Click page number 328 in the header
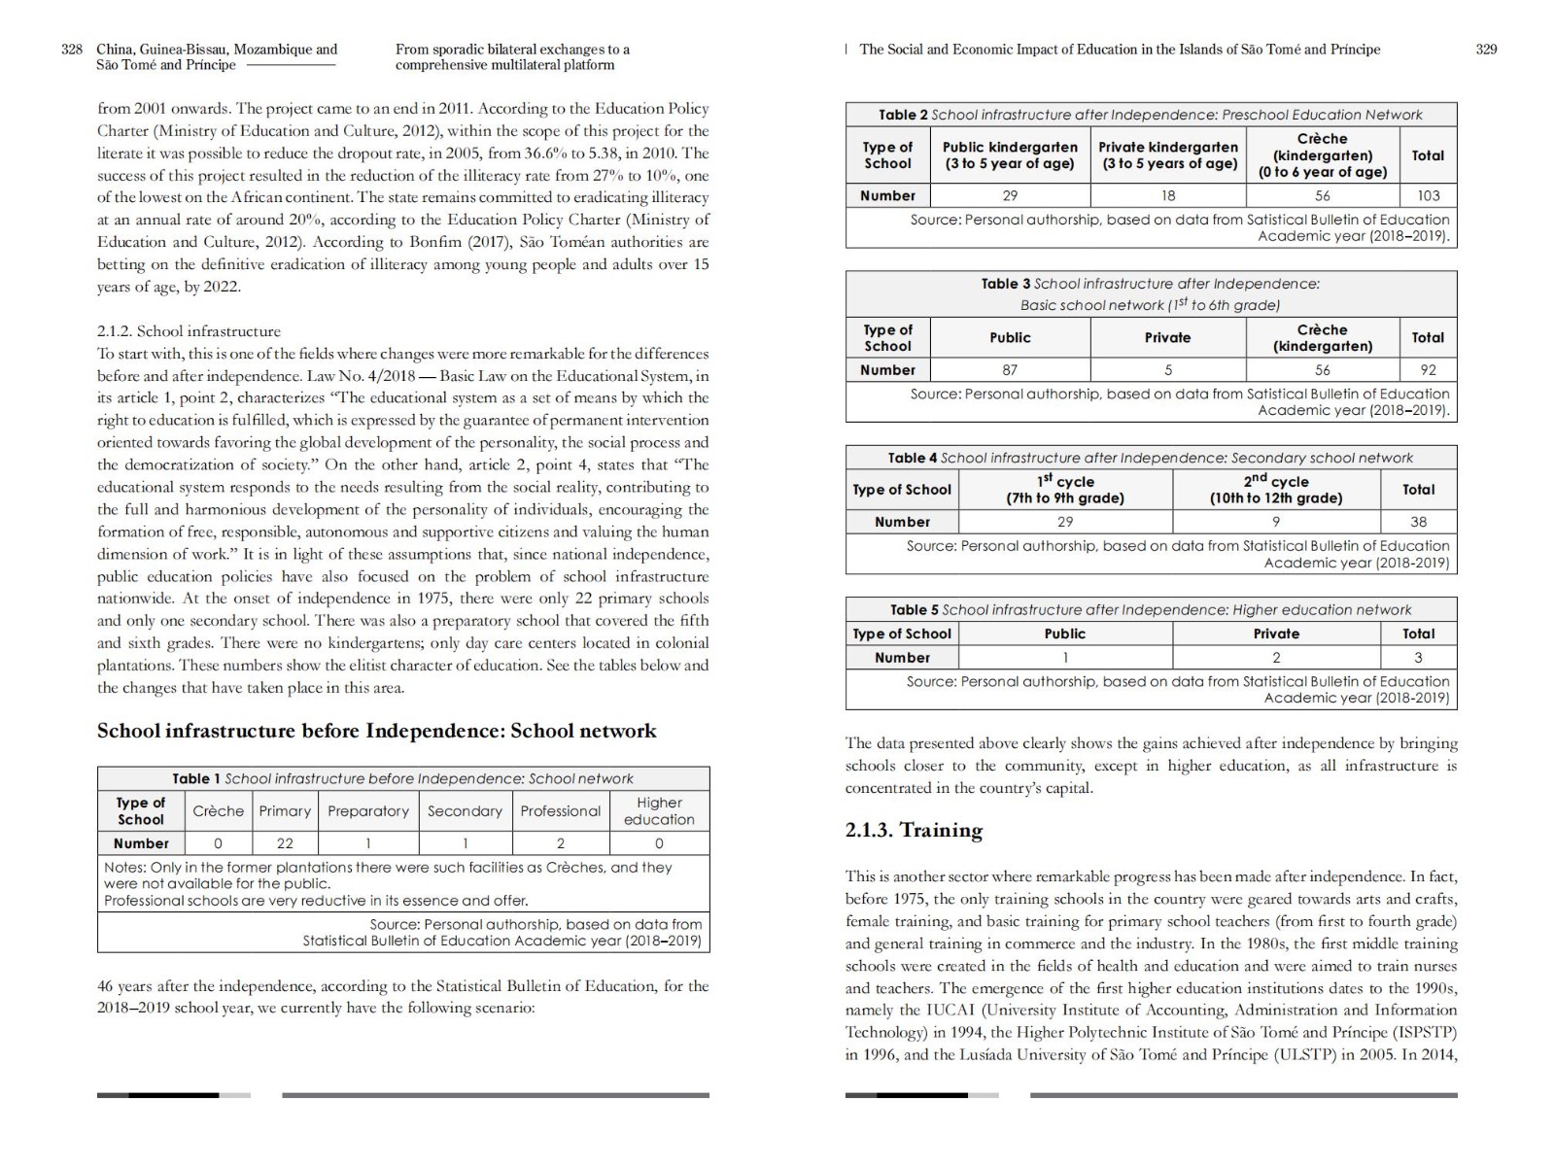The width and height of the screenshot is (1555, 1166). click(x=72, y=50)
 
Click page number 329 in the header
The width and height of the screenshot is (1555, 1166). click(x=1486, y=50)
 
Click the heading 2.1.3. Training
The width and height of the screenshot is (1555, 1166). click(x=914, y=830)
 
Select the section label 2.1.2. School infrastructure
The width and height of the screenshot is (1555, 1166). click(x=189, y=331)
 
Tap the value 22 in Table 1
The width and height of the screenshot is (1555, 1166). click(x=285, y=843)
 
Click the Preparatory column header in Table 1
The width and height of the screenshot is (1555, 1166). click(x=368, y=811)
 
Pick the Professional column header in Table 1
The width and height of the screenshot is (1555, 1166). click(x=561, y=811)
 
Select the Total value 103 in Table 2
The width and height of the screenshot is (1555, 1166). click(x=1428, y=195)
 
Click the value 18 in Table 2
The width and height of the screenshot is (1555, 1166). click(x=1168, y=195)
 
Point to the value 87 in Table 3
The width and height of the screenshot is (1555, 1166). click(x=1010, y=370)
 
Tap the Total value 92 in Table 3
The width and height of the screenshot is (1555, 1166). click(x=1428, y=370)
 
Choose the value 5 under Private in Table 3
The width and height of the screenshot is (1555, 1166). click(x=1168, y=370)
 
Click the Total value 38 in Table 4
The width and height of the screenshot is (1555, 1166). click(x=1418, y=522)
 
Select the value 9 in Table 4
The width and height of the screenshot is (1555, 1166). click(x=1276, y=522)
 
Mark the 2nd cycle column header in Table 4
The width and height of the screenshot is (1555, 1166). click(x=1276, y=490)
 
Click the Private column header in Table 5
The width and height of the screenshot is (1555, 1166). click(x=1276, y=634)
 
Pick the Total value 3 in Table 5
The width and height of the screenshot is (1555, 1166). click(x=1418, y=658)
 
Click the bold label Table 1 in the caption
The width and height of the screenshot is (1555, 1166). click(x=196, y=778)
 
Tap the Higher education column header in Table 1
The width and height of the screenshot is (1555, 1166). click(x=659, y=811)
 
